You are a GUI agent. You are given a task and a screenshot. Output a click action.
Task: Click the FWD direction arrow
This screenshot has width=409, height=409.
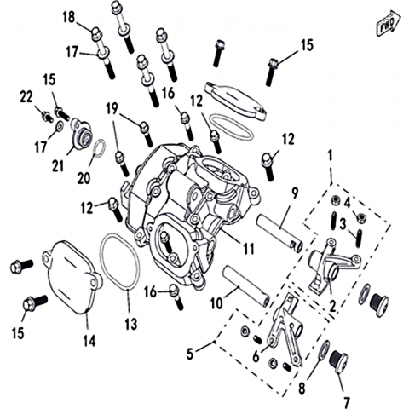click(x=389, y=23)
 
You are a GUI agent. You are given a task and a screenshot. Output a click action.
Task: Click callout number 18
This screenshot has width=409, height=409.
click(x=69, y=17)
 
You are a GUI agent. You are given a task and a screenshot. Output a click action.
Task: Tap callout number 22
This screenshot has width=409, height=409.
click(x=26, y=97)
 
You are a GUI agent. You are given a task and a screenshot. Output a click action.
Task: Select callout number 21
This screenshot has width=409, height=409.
click(x=58, y=165)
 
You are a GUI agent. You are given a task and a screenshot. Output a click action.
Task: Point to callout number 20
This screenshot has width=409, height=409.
click(x=84, y=178)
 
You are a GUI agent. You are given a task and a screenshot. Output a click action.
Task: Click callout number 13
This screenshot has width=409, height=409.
click(x=131, y=324)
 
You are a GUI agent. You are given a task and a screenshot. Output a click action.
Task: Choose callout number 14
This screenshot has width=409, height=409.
click(x=89, y=340)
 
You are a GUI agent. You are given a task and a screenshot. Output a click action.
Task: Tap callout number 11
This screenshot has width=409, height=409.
click(x=249, y=249)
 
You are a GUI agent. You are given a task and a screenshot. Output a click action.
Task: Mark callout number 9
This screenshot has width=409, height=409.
click(x=295, y=193)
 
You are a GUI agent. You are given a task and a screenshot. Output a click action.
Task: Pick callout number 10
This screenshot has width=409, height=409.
click(x=216, y=303)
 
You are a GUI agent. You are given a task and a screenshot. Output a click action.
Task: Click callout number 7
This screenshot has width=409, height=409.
click(x=346, y=402)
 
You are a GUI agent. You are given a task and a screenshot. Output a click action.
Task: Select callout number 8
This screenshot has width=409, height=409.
click(x=302, y=388)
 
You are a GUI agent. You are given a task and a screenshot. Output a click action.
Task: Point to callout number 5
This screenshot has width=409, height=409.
click(x=190, y=354)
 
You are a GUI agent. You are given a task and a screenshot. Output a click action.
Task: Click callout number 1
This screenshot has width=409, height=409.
click(x=330, y=155)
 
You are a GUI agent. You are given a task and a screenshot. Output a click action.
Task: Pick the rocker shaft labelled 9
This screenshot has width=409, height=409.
click(x=280, y=233)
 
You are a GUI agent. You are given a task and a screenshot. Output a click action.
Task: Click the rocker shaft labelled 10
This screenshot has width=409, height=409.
click(x=246, y=285)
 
